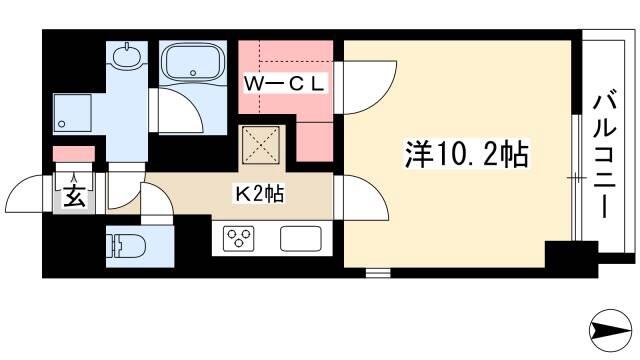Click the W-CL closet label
(284, 84)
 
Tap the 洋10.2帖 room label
(466, 154)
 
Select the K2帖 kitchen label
(259, 193)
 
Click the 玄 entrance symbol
(74, 196)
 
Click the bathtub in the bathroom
(193, 62)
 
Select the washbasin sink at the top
(127, 56)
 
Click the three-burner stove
(238, 238)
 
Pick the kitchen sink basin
(301, 239)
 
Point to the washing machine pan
(72, 113)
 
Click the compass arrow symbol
(610, 330)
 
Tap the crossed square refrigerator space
(261, 145)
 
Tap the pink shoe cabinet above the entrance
(74, 154)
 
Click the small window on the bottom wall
(378, 273)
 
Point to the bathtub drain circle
(193, 73)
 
